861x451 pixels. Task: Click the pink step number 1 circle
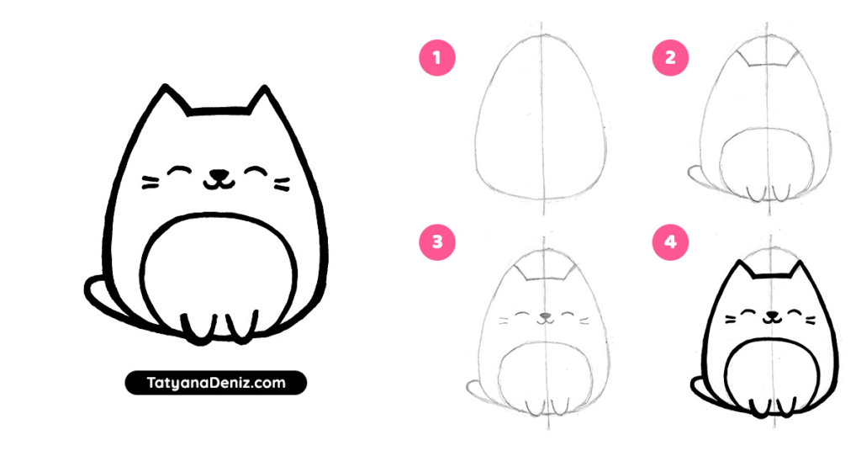tap(437, 58)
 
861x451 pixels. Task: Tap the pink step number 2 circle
tap(670, 58)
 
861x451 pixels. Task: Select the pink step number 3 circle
tap(437, 242)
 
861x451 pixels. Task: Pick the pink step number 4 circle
tap(670, 242)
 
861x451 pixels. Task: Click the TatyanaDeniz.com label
tap(216, 383)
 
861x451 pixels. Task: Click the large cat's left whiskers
tap(151, 182)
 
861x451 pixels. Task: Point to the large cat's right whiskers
tap(283, 182)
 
